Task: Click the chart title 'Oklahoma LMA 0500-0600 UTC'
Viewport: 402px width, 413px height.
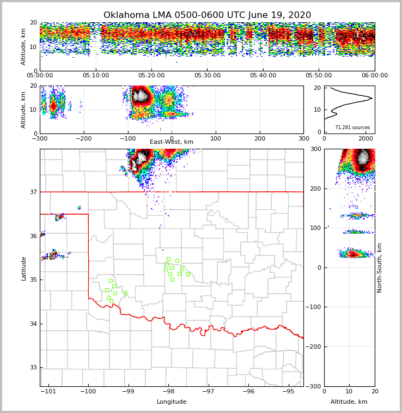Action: (207, 15)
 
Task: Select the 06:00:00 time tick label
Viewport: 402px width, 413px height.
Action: (375, 76)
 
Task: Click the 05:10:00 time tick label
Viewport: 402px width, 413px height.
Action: (96, 76)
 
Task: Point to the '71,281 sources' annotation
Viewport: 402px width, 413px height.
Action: (352, 127)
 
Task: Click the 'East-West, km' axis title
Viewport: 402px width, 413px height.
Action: (172, 142)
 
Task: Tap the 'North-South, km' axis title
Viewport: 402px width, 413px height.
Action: (380, 268)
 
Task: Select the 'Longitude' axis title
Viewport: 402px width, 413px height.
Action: (172, 402)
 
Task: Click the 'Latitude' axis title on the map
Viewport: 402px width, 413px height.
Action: (23, 268)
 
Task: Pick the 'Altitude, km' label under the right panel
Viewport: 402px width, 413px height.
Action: (349, 402)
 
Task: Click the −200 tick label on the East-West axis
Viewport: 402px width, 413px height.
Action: (83, 138)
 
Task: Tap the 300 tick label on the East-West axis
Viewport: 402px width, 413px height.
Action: (303, 138)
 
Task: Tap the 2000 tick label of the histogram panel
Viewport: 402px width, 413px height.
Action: (366, 138)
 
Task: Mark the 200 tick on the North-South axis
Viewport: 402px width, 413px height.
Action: (315, 189)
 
